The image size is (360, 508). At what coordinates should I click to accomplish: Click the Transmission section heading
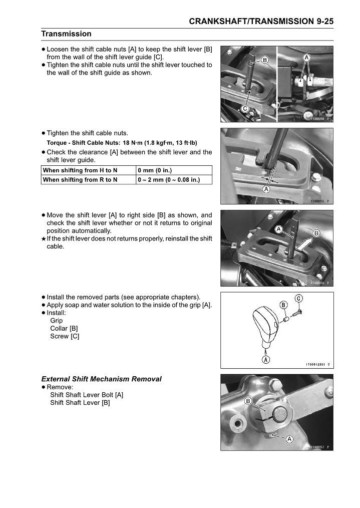pyautogui.click(x=66, y=34)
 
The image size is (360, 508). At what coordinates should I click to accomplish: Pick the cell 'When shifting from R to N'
pyautogui.click(x=80, y=179)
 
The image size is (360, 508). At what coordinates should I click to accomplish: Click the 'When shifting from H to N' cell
pyautogui.click(x=80, y=170)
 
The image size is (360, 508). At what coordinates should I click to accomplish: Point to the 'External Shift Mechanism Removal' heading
pyautogui.click(x=101, y=379)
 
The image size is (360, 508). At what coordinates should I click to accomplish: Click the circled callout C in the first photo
pyautogui.click(x=246, y=109)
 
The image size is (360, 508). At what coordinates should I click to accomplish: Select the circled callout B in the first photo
pyautogui.click(x=265, y=61)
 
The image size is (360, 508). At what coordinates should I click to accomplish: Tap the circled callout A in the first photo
pyautogui.click(x=306, y=58)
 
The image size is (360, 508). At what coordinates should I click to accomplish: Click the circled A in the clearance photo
pyautogui.click(x=266, y=190)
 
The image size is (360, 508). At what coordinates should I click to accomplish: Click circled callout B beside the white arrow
pyautogui.click(x=316, y=233)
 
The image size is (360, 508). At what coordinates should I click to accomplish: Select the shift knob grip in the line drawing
pyautogui.click(x=265, y=326)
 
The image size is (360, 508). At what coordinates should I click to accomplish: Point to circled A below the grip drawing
pyautogui.click(x=265, y=359)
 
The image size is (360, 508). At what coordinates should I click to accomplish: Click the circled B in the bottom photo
pyautogui.click(x=248, y=401)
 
